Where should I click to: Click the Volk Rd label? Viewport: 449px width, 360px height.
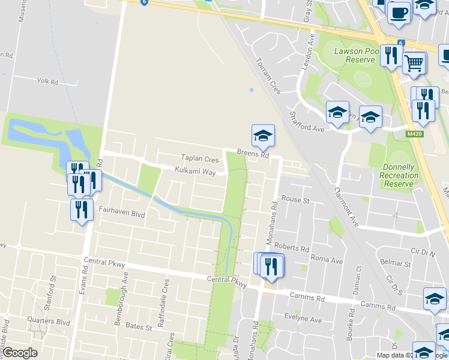point(47,81)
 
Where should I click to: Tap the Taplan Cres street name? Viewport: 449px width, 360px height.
point(200,159)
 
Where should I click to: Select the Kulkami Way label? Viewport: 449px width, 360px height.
point(195,172)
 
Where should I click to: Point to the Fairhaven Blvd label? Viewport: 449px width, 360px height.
point(122,212)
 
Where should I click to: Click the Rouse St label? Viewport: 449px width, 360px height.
point(295,199)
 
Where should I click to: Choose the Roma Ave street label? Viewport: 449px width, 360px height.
point(327,260)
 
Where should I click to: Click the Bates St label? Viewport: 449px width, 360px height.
point(138,326)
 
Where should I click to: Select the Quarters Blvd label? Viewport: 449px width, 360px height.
point(48,321)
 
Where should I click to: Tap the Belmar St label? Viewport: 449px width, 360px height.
point(395,263)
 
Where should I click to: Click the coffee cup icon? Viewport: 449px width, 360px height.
point(399,12)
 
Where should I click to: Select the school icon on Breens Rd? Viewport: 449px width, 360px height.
point(263,136)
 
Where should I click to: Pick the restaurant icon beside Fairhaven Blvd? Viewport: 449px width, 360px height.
point(81,209)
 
